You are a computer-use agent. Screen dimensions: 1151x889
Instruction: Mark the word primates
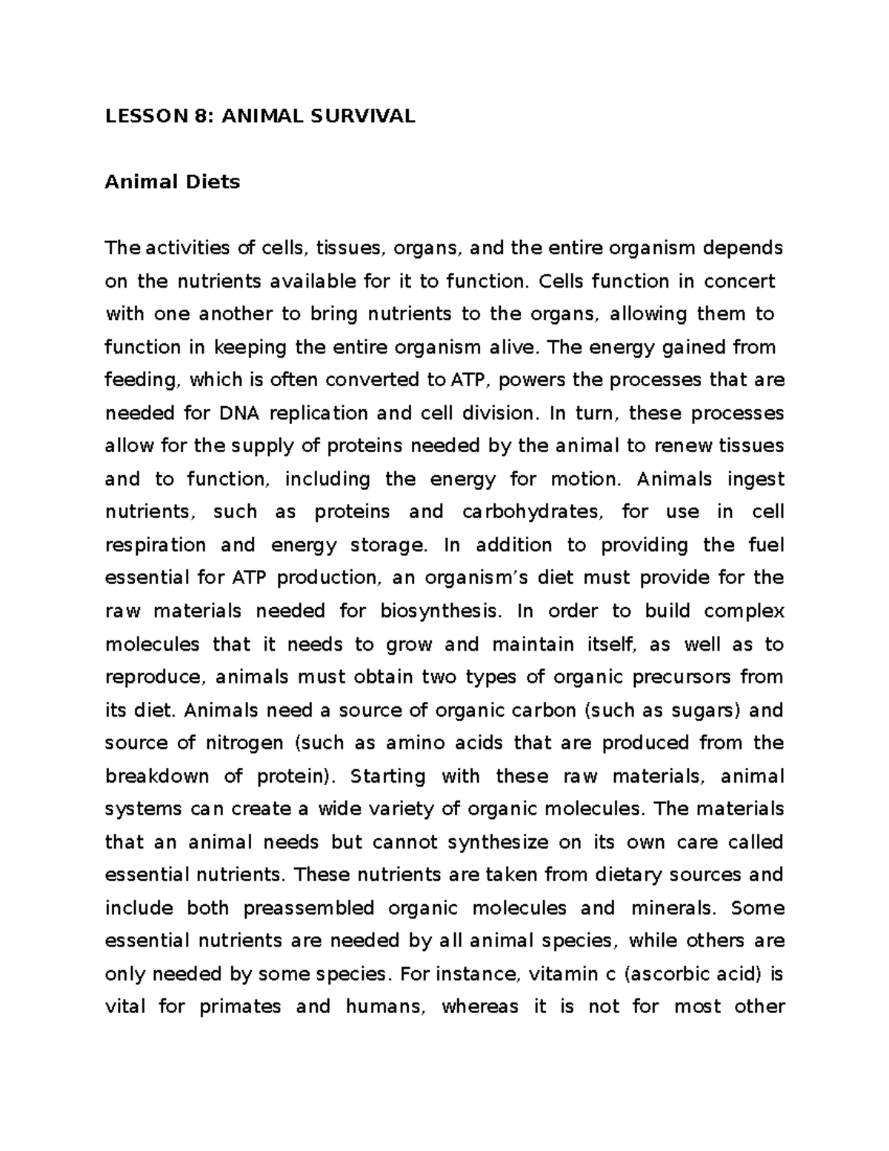240,1007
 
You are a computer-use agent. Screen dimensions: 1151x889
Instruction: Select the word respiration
156,545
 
